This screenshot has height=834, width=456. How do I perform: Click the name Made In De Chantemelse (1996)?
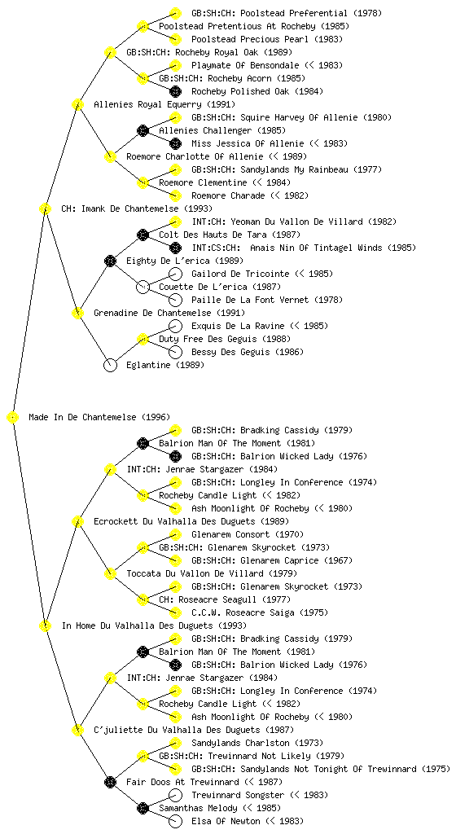(99, 417)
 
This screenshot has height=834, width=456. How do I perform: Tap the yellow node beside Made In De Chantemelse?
(13, 417)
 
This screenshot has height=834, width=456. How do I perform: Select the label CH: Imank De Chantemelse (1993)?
(137, 208)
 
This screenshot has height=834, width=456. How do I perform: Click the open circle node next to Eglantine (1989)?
(110, 365)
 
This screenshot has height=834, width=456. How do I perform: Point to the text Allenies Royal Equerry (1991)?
(164, 104)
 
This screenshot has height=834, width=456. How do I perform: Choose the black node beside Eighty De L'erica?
(110, 261)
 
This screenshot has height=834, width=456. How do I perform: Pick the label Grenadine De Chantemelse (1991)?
(169, 313)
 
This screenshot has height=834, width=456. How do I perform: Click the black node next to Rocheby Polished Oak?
(175, 91)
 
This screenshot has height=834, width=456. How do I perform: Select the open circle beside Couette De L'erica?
(142, 287)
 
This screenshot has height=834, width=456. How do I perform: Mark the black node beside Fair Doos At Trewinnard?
(110, 782)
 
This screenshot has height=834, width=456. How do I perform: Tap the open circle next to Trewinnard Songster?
(175, 795)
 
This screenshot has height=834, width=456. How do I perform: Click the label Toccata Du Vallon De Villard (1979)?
(212, 573)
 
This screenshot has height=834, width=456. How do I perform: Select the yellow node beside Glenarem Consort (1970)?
(175, 534)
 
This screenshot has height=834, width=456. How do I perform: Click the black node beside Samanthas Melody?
(142, 808)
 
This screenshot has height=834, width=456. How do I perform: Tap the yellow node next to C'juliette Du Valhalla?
(77, 730)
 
